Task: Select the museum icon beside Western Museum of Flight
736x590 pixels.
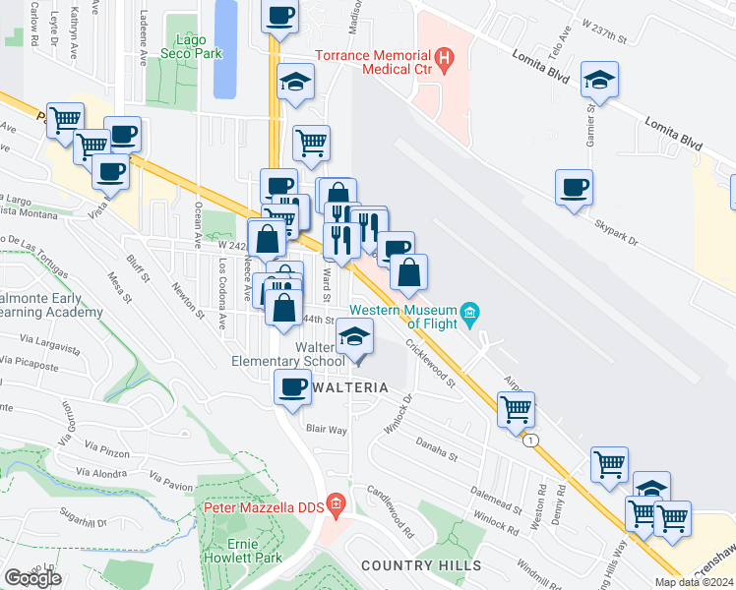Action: [470, 315]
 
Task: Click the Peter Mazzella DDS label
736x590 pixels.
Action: [264, 507]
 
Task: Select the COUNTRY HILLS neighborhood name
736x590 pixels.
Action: [420, 565]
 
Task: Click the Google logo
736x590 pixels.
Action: [31, 578]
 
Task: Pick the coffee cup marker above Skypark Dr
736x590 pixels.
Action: [574, 187]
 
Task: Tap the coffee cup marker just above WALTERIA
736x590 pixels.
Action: [291, 385]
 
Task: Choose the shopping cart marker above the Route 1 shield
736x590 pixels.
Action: [516, 408]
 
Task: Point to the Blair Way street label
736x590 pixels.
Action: [326, 430]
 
